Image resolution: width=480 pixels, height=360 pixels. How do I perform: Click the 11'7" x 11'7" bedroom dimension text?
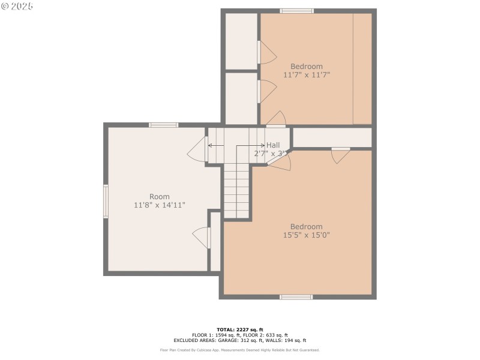(x=307, y=75)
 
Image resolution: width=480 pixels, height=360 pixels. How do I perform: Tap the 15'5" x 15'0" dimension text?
(x=306, y=235)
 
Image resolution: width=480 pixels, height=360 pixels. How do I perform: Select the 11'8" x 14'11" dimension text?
(x=160, y=205)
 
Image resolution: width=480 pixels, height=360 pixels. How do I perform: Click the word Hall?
(x=273, y=145)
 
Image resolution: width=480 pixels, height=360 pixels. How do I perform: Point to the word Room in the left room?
(x=160, y=197)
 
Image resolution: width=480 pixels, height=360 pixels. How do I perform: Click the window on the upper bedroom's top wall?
(x=296, y=11)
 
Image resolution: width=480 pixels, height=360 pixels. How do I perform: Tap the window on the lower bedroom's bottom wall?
(x=296, y=296)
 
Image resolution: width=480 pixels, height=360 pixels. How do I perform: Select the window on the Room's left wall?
(x=106, y=201)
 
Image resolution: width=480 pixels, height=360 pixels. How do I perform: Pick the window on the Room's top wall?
(x=163, y=125)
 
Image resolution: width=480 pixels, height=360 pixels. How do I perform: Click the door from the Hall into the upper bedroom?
(x=276, y=119)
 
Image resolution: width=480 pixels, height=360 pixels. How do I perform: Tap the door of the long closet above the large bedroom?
(x=341, y=154)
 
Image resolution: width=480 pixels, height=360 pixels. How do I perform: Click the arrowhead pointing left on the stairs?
(x=210, y=145)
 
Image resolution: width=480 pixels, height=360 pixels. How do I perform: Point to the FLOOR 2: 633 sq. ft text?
(x=265, y=335)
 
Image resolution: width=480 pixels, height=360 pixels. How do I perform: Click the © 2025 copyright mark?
(x=17, y=6)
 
